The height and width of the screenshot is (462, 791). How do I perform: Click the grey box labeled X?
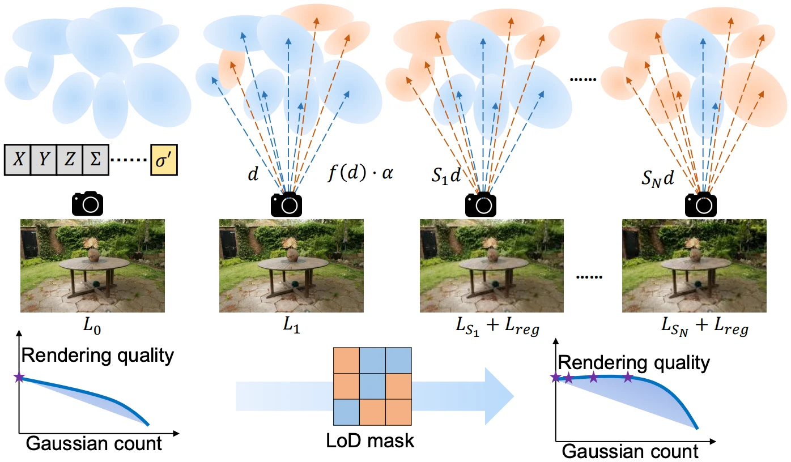(18, 160)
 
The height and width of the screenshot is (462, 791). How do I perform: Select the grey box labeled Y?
(44, 160)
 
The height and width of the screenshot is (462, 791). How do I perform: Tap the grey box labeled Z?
(70, 160)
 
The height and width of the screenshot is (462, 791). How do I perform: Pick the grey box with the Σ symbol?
(96, 160)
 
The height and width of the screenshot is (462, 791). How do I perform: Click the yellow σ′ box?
(164, 160)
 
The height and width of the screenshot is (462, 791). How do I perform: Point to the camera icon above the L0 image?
(88, 203)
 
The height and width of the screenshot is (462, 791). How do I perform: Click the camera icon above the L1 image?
(286, 204)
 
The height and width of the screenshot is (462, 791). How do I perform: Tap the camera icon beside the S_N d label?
(700, 204)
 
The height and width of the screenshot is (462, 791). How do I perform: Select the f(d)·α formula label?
(360, 173)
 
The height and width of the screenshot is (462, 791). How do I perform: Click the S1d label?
(446, 175)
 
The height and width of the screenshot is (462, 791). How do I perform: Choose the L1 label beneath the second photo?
(291, 325)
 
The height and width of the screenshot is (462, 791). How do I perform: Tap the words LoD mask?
(370, 441)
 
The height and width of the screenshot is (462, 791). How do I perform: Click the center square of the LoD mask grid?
(372, 386)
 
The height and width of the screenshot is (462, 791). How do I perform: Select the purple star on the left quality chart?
(19, 377)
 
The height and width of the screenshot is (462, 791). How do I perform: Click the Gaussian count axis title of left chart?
(94, 443)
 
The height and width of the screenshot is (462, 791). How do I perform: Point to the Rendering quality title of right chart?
(634, 363)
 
